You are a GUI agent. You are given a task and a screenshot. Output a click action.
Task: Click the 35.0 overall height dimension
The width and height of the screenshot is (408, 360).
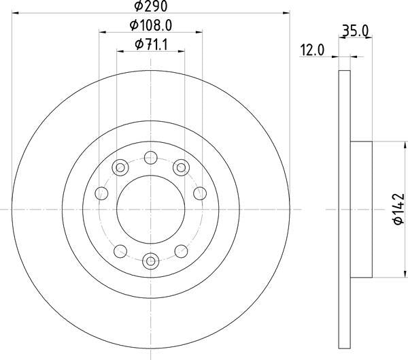tap(355, 30)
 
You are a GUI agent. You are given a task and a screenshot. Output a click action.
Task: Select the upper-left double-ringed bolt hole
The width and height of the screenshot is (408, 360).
tap(121, 165)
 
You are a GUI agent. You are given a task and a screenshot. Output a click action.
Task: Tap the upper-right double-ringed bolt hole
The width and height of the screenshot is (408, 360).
tap(180, 165)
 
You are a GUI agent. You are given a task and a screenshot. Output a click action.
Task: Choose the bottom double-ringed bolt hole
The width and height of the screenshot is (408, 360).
tap(151, 259)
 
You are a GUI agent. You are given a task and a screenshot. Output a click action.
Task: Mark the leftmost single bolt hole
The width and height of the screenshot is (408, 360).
tap(102, 193)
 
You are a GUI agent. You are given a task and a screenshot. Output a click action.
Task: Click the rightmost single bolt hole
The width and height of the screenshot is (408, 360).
tap(199, 193)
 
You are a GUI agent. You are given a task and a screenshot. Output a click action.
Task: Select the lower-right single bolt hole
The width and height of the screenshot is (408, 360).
tap(180, 251)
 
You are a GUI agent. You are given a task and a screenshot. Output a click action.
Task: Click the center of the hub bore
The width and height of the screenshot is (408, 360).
tap(151, 208)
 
